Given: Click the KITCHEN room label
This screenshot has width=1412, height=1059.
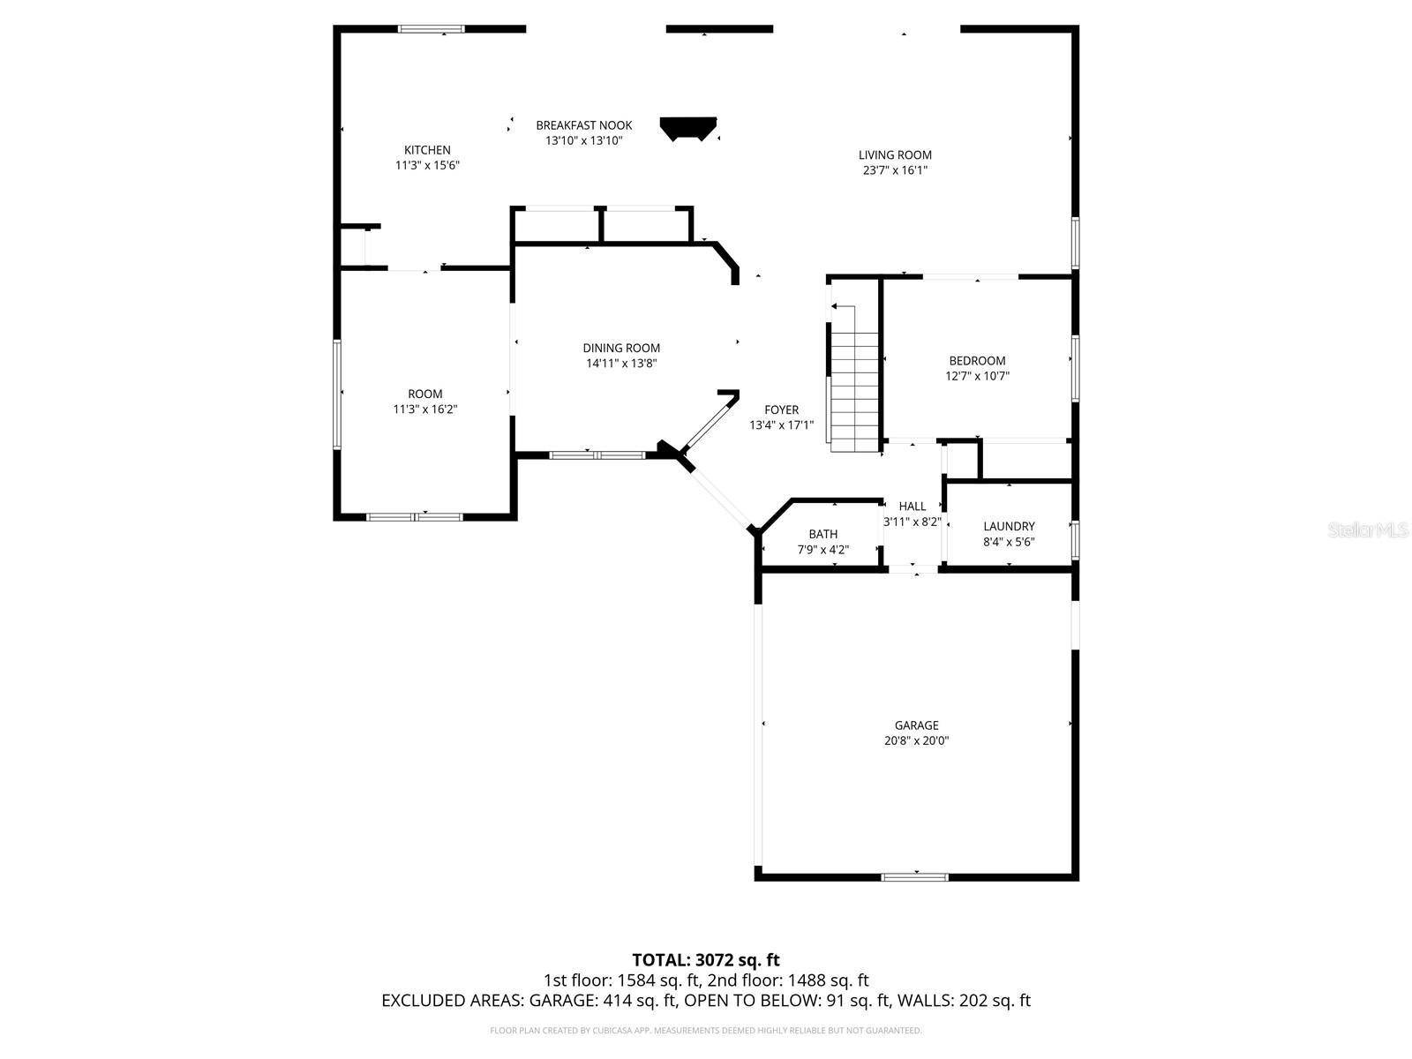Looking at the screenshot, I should coord(427,150).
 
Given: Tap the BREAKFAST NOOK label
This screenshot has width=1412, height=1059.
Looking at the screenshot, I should coord(583,125).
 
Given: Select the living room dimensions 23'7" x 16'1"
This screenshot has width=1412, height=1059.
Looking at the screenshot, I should coord(895,170).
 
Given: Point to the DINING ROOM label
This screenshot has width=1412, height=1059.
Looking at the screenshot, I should coord(621,348).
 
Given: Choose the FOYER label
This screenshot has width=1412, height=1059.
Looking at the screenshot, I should coord(781,409).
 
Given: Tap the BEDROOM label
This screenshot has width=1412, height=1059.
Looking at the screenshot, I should coord(977,360).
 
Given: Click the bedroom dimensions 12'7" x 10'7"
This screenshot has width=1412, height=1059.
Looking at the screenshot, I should coord(977,376).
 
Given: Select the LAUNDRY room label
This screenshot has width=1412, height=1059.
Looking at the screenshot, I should coord(1009,526).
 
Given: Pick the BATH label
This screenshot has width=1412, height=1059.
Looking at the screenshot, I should coord(822,534).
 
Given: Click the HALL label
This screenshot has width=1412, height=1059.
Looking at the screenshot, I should coord(913,506).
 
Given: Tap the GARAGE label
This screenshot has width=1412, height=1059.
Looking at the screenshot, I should coord(916,725).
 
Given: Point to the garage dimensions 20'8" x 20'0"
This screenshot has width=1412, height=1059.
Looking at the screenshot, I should coord(916,741).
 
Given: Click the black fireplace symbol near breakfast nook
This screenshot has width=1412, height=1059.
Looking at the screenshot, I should coord(688,129).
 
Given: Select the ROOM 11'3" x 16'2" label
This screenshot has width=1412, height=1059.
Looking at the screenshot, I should coord(425,394).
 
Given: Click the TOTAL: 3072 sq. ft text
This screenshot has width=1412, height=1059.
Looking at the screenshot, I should coord(706,959).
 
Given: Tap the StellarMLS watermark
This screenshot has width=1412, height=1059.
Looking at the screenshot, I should coord(1368,530).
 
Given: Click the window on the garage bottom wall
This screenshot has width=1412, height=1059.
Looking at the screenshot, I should coord(915,876).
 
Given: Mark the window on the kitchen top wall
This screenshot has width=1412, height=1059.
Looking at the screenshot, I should coord(432,29).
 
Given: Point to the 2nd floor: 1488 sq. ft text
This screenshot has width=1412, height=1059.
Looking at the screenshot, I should coord(788,980).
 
